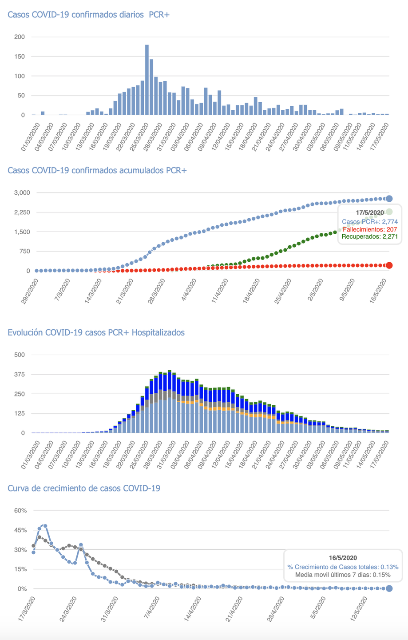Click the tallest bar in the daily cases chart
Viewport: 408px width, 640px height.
pos(147,80)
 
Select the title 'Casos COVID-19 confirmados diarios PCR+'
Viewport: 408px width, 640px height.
pos(89,15)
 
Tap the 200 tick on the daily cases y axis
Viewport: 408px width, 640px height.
pos(20,37)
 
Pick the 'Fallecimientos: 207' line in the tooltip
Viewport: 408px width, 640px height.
pos(370,229)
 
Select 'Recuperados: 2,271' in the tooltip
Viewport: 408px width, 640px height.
pos(369,237)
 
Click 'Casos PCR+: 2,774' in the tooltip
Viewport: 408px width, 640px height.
pos(369,221)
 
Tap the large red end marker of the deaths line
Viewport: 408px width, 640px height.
pos(389,266)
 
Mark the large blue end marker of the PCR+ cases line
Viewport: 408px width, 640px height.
pos(389,199)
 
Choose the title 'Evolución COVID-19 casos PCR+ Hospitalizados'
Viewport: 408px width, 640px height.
pos(96,332)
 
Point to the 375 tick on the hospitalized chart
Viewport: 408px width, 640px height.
pos(20,375)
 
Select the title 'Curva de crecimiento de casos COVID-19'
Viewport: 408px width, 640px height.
pos(84,488)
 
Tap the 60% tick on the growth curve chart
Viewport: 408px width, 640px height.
pos(20,511)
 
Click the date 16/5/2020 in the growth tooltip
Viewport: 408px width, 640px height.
pos(343,558)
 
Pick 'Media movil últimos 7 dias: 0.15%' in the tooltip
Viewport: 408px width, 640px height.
pos(343,575)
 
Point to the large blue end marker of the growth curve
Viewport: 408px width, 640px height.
pos(389,588)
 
